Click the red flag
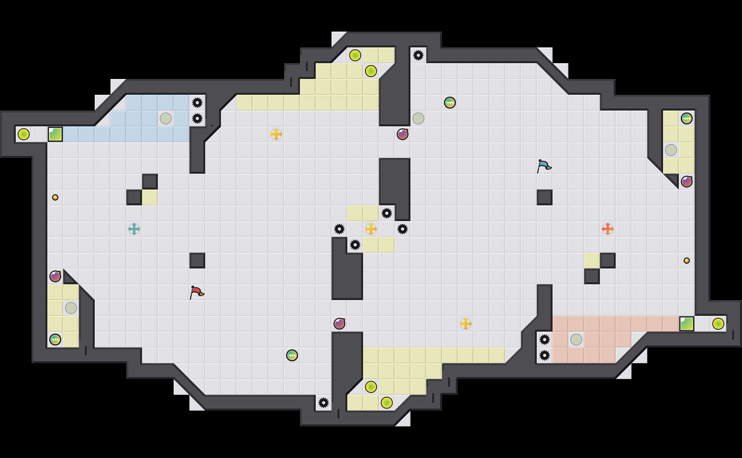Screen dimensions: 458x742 196,292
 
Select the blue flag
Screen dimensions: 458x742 543,166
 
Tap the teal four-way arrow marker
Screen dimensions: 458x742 134,229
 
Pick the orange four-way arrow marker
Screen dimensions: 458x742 608,229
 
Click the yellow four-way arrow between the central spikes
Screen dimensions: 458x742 371,229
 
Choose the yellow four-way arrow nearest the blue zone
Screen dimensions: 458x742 276,134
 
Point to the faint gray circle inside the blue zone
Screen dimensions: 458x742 166,118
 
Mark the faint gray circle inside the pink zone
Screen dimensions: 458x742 576,340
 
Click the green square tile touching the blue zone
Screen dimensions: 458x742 55,134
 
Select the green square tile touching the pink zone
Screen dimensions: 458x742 687,324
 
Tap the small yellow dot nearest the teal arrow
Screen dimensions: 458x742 55,197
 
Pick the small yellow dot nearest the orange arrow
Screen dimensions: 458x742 687,261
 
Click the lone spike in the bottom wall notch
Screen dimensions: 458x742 324,403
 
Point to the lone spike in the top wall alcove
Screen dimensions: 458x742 418,55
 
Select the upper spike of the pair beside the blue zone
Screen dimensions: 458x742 197,103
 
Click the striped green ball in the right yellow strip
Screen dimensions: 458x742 687,118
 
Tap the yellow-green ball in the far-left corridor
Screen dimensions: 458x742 24,134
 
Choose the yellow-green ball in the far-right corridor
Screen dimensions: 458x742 718,324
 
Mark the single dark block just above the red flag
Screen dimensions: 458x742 197,261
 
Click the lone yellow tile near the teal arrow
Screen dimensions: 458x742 150,197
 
